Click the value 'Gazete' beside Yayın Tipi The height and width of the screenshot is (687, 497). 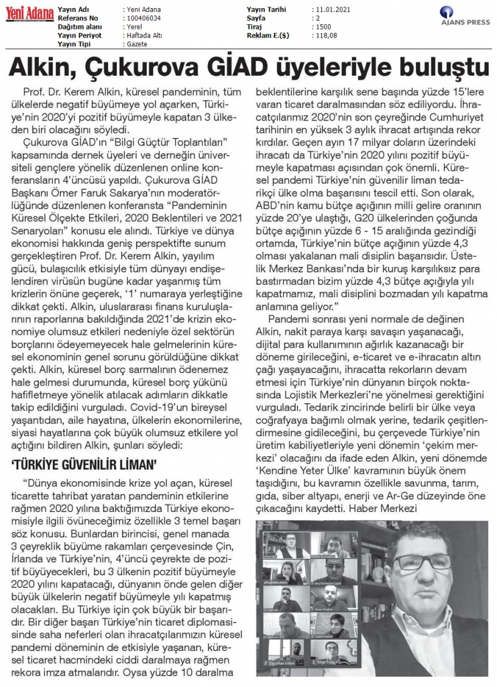[x=137, y=44]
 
